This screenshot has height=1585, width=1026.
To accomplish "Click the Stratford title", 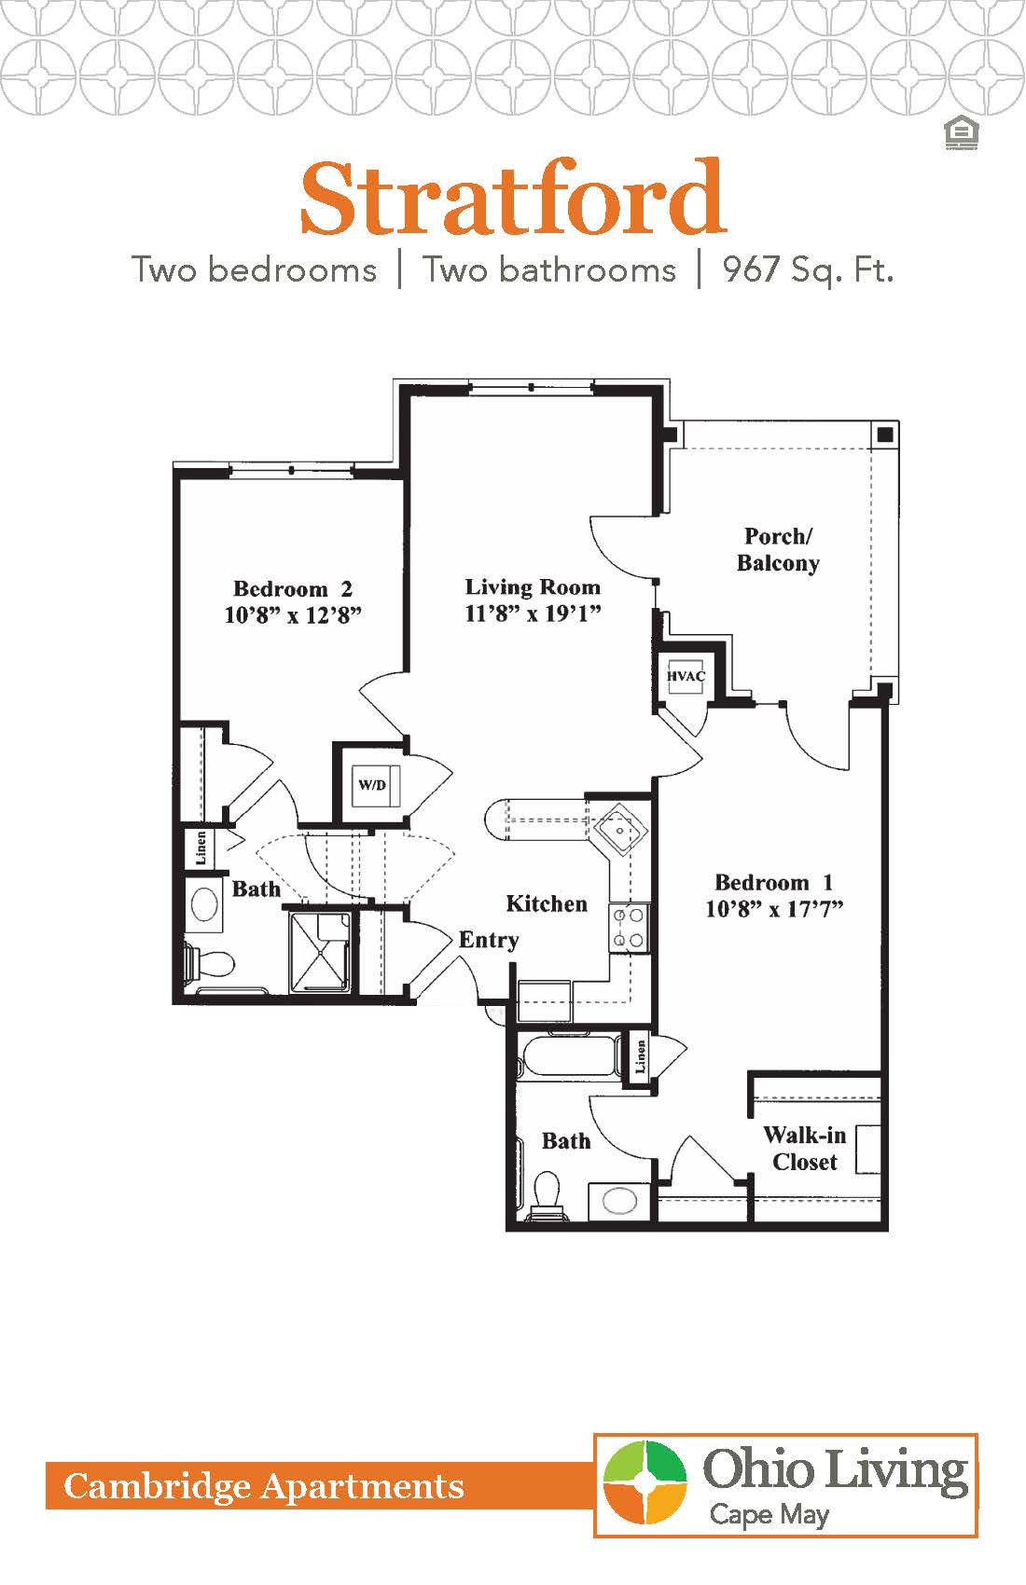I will point(512,199).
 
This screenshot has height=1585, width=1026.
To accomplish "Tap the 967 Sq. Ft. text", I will point(808,270).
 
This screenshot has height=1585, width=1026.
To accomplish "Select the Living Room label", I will point(533,587).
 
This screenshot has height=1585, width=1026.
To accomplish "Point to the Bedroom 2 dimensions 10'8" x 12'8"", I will point(293,615).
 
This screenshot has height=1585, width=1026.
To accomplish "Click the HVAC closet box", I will point(686,676).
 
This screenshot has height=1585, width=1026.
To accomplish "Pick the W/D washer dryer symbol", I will point(373,785).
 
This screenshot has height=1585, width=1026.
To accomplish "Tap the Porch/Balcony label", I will point(778,549).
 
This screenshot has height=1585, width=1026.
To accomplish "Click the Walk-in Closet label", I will point(804,1149).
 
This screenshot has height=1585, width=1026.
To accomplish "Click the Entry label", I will point(489,940).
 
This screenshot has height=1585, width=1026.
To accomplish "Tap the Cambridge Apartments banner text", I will point(264,1486).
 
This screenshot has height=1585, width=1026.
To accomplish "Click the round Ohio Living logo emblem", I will point(645,1482).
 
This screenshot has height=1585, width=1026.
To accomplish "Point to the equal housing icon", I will point(960,133).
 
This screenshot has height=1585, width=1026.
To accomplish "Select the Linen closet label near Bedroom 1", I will point(641,1055).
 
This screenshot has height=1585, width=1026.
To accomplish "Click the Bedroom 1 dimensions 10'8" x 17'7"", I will point(774,909).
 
